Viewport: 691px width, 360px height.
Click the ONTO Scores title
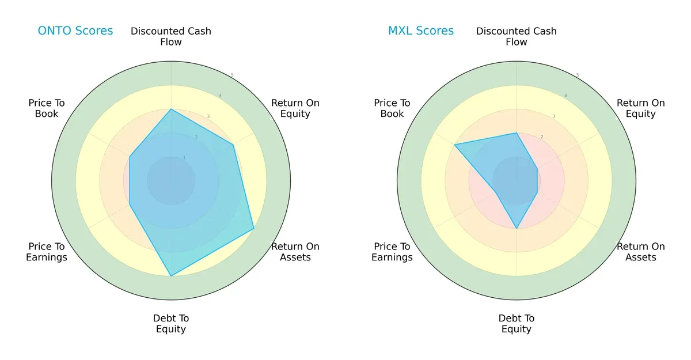pyautogui.click(x=75, y=31)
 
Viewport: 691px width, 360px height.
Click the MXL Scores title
pyautogui.click(x=421, y=31)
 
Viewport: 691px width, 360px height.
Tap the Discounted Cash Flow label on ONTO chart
pyautogui.click(x=171, y=36)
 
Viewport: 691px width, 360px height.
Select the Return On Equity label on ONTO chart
pyautogui.click(x=295, y=108)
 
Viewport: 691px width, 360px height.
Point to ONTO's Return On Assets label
pyautogui.click(x=295, y=252)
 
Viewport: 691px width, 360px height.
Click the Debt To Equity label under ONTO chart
pyautogui.click(x=171, y=324)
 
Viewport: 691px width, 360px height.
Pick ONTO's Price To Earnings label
pyautogui.click(x=47, y=252)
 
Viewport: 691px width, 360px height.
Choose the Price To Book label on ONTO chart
pyautogui.click(x=47, y=108)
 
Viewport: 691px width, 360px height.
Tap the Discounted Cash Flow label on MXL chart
pyautogui.click(x=517, y=36)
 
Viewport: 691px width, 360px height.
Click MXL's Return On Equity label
pyautogui.click(x=641, y=108)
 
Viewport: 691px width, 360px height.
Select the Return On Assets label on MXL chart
pyautogui.click(x=641, y=252)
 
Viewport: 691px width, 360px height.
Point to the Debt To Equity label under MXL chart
pyautogui.click(x=517, y=324)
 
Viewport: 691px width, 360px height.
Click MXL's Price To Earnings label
pyautogui.click(x=392, y=252)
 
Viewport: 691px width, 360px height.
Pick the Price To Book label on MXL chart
pyautogui.click(x=392, y=108)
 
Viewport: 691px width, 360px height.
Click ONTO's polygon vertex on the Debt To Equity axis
pyautogui.click(x=171, y=276)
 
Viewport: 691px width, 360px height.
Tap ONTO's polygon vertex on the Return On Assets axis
pyautogui.click(x=254, y=229)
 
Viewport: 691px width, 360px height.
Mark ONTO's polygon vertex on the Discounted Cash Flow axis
pyautogui.click(x=171, y=109)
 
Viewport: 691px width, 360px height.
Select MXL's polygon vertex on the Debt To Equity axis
pyautogui.click(x=517, y=229)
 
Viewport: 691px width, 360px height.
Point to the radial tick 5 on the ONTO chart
pyautogui.click(x=232, y=75)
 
